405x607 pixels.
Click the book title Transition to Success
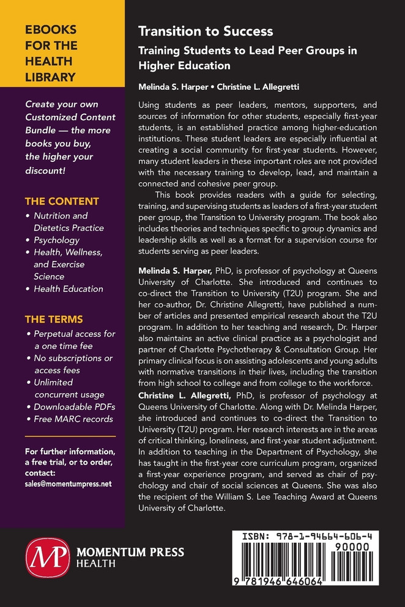point(206,31)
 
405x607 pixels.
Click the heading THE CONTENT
point(62,201)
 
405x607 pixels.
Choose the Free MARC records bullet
point(74,419)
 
